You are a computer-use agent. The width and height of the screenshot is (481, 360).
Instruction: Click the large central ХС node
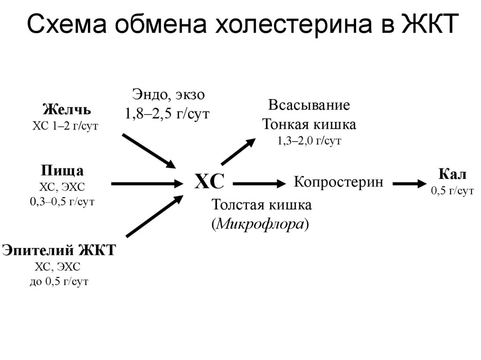pyautogui.click(x=209, y=181)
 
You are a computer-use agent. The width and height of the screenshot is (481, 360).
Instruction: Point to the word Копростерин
pyautogui.click(x=338, y=182)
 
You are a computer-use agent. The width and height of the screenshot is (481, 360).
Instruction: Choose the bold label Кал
pyautogui.click(x=452, y=175)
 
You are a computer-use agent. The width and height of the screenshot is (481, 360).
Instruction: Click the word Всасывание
pyautogui.click(x=309, y=105)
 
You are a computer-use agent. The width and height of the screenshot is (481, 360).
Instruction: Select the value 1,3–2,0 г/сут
pyautogui.click(x=309, y=141)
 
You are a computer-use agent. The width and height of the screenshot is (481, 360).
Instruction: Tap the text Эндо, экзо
pyautogui.click(x=167, y=95)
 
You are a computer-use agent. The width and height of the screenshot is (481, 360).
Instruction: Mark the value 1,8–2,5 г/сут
pyautogui.click(x=167, y=114)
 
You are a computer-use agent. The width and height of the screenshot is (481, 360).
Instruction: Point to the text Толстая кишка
pyautogui.click(x=262, y=206)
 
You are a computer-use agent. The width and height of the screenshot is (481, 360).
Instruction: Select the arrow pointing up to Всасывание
pyautogui.click(x=239, y=151)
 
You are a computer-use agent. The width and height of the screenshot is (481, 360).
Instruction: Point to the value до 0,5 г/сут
pyautogui.click(x=59, y=282)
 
